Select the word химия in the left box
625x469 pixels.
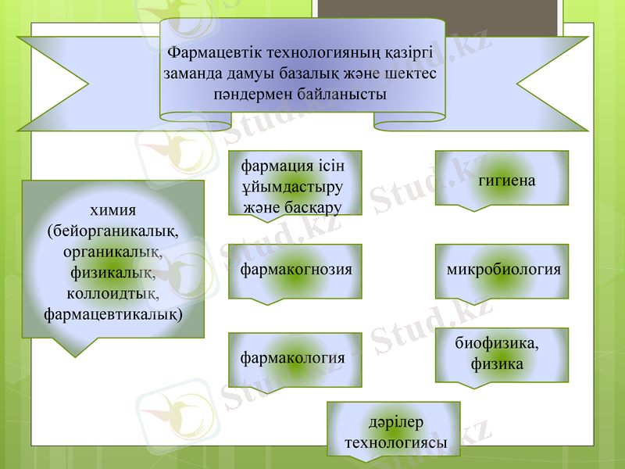pos(113,212)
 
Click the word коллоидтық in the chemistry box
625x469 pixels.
pos(113,294)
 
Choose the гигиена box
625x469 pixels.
pos(506,181)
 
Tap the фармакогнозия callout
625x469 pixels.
pos(296,269)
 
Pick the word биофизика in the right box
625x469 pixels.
pos(496,343)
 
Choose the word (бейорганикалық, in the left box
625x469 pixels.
pos(113,232)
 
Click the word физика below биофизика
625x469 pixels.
pos(497,364)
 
